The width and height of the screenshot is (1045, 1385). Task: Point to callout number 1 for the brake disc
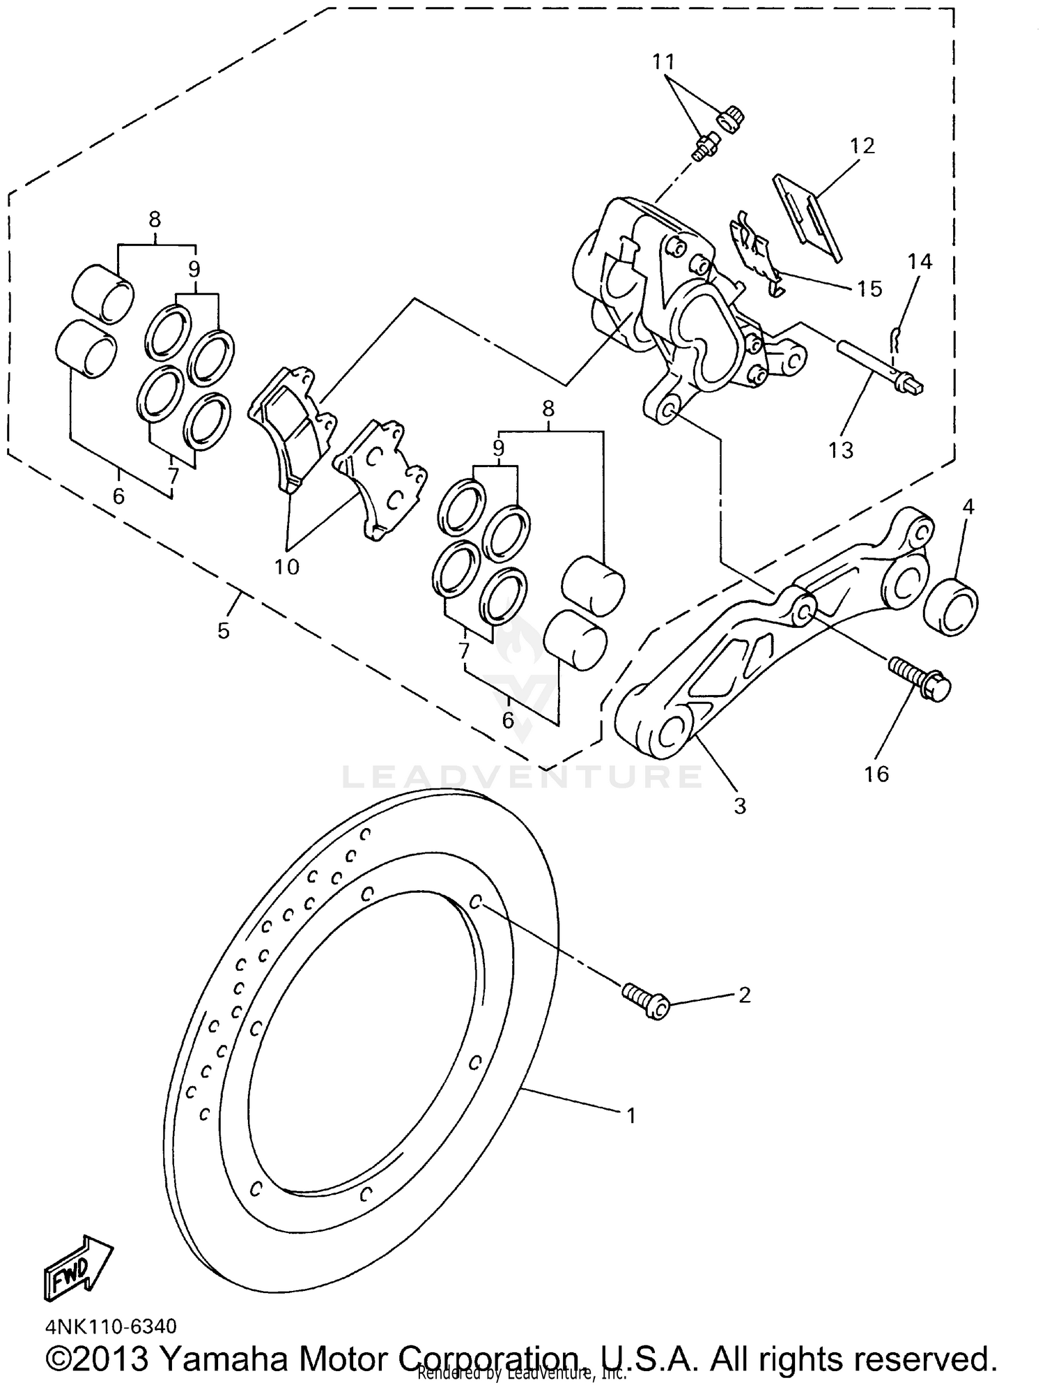[630, 1116]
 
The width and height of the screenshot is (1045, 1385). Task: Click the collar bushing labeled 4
[952, 604]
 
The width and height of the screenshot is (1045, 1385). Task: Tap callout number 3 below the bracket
[740, 806]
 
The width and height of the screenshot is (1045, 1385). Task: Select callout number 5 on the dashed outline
[223, 631]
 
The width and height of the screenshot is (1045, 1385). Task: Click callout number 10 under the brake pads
[286, 566]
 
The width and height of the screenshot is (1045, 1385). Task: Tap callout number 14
[920, 261]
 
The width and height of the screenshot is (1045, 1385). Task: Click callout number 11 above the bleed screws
[664, 62]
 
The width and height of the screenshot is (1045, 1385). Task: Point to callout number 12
[862, 146]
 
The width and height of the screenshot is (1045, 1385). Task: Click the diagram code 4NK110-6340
[111, 1325]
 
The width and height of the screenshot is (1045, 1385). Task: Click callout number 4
[968, 507]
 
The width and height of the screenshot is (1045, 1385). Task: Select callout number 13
[840, 450]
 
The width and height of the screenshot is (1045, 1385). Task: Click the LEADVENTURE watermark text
[522, 776]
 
